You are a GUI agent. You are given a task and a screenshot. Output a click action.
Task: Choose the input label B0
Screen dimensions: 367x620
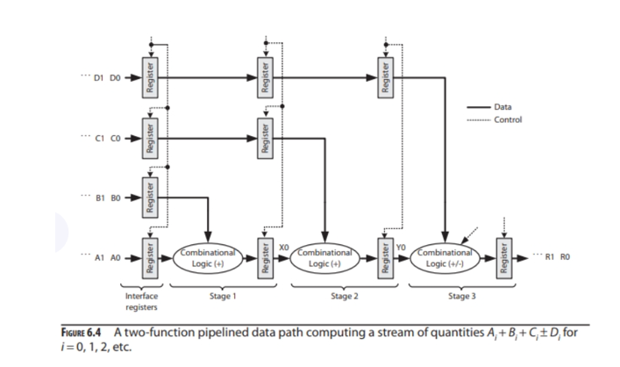(x=115, y=198)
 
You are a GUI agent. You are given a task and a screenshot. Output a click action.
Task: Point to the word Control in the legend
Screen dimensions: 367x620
(x=509, y=119)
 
